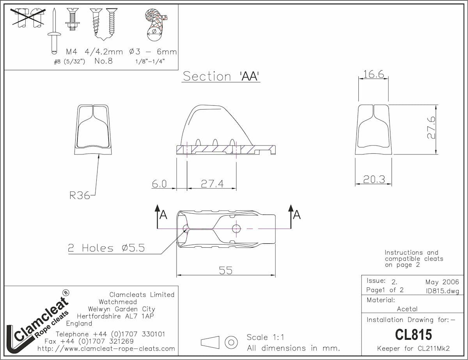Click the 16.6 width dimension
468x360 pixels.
(x=374, y=74)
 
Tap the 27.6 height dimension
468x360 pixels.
(x=431, y=128)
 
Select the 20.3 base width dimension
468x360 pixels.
(x=374, y=179)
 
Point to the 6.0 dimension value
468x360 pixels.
(x=159, y=184)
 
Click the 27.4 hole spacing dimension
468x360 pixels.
(x=212, y=184)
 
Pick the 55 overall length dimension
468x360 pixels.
(x=226, y=270)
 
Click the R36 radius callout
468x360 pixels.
(x=80, y=195)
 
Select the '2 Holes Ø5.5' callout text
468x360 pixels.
(x=106, y=248)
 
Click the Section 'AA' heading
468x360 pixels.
(x=221, y=76)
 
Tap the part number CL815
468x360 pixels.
(x=413, y=335)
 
